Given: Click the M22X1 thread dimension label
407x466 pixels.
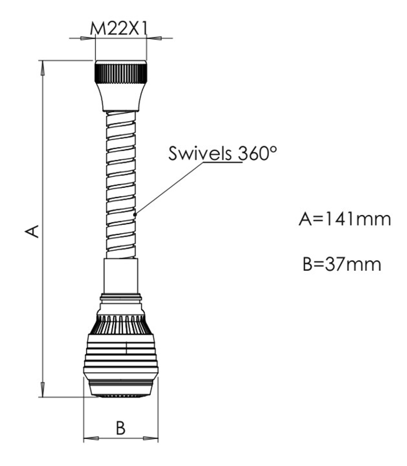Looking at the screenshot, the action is click(x=119, y=29).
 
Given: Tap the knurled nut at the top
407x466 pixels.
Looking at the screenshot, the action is click(x=120, y=72).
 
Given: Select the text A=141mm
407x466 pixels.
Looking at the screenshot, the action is click(x=345, y=219).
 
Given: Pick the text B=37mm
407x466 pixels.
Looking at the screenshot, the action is click(x=342, y=264).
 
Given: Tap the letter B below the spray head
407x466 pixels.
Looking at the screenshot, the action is click(x=120, y=428).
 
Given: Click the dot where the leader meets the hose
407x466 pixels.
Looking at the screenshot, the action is click(x=135, y=214).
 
